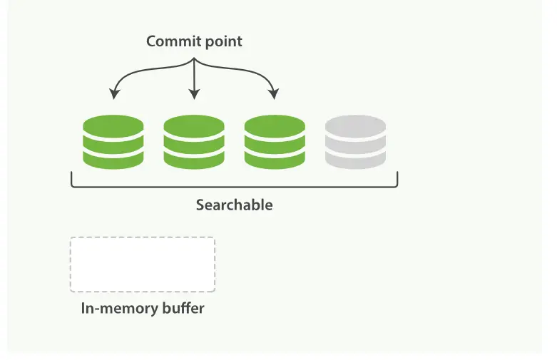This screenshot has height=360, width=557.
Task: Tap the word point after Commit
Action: (223, 42)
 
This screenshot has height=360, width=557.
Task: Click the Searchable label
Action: (234, 205)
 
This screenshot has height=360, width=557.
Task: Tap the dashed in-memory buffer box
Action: (143, 264)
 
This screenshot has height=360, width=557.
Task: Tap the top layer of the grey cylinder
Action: (355, 126)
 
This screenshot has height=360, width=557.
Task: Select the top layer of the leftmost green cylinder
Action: (113, 126)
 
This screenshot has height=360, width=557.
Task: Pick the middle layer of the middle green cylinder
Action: (193, 142)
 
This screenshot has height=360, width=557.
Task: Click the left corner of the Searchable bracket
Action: (72, 185)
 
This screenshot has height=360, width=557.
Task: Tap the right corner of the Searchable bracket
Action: (397, 185)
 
